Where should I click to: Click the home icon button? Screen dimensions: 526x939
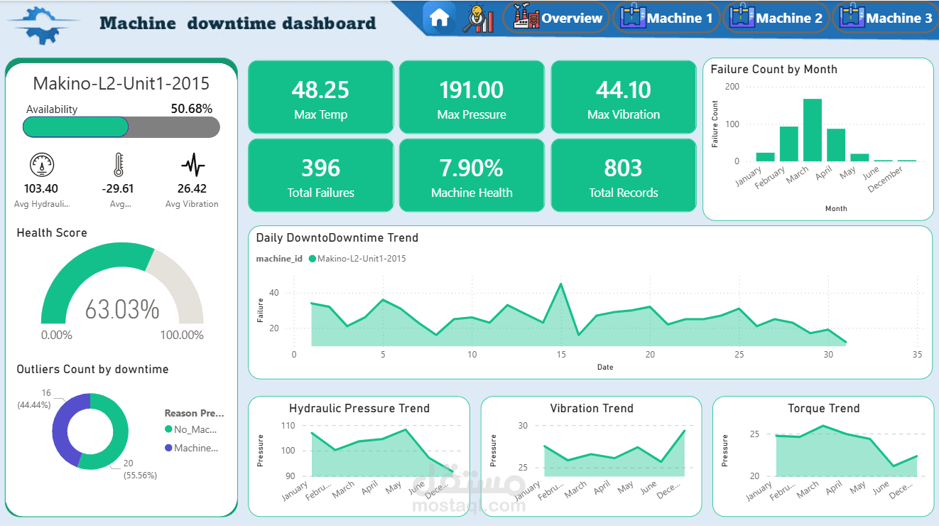point(439,18)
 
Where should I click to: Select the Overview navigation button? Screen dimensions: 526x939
point(557,18)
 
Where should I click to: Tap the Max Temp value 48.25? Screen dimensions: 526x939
point(320,90)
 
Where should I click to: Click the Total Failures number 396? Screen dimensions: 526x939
point(320,168)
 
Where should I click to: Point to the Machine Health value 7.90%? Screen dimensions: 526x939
point(472,168)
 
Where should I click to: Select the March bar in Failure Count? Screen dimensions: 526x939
point(812,130)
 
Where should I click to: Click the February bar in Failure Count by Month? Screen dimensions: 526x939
point(788,144)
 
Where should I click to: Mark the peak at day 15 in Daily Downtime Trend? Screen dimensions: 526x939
point(561,284)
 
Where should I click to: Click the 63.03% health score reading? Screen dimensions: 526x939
point(122,310)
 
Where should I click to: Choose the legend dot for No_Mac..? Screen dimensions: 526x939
point(168,429)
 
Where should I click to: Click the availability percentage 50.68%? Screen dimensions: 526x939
point(191,109)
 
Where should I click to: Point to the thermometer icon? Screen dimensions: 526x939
point(118,165)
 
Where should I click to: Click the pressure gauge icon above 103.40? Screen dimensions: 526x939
point(41,165)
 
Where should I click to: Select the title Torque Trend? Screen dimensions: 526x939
point(823,409)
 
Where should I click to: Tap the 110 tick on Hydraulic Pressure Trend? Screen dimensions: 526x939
point(288,426)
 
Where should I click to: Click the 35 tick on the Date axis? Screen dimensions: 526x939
point(917,354)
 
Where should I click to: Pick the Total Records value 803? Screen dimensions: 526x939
point(623,168)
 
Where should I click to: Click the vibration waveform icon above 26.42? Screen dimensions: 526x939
point(192,166)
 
